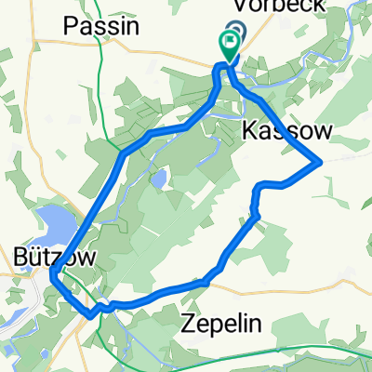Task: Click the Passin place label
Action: [102, 27]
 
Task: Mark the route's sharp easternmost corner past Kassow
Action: [321, 161]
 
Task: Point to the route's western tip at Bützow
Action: [53, 271]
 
